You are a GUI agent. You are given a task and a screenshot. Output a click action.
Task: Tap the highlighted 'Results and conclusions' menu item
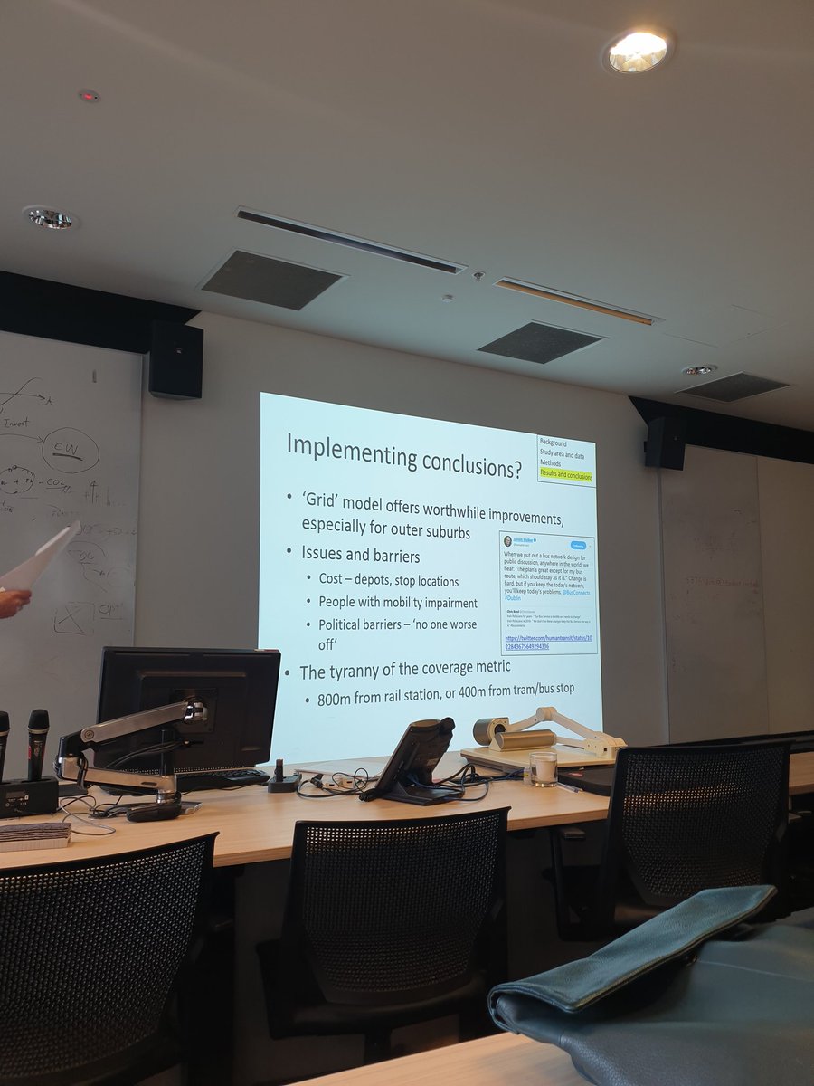(566, 475)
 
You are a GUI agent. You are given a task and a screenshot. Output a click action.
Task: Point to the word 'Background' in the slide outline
(554, 443)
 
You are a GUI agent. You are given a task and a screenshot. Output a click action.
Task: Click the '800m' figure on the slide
(338, 699)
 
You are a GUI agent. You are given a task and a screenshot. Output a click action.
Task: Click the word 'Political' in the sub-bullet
(344, 624)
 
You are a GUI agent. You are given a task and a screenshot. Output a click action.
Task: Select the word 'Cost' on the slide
(331, 578)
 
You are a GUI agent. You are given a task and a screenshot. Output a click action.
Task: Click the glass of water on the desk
(544, 767)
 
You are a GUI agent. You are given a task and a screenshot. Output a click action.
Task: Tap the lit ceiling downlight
(637, 51)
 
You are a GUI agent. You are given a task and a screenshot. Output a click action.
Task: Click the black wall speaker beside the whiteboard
(175, 360)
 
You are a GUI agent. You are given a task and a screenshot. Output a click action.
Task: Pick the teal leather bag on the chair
(651, 977)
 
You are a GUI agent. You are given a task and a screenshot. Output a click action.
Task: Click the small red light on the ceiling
(88, 95)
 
